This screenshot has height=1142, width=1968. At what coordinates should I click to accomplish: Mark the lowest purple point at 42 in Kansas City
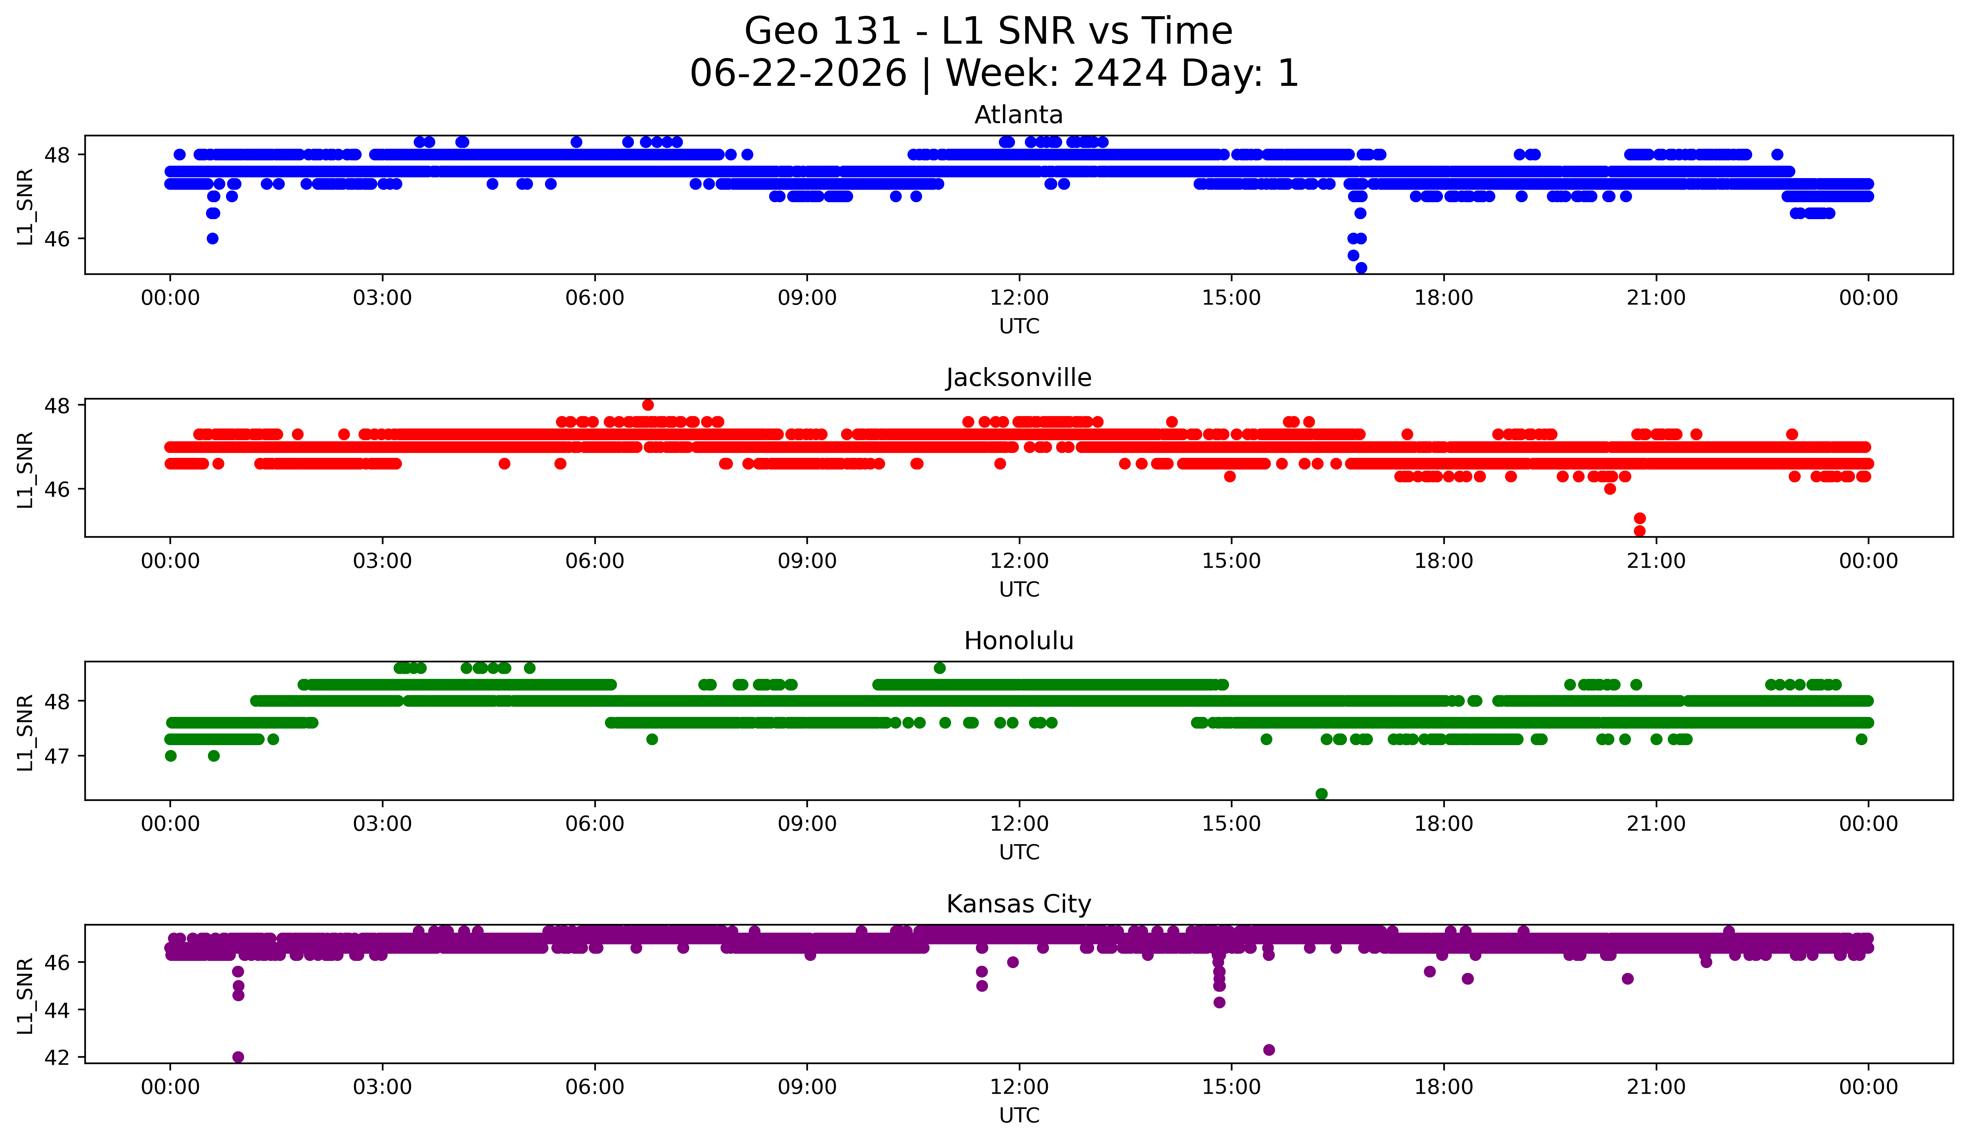(x=238, y=1057)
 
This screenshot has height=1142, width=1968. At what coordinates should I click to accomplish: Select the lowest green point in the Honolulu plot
(x=1321, y=794)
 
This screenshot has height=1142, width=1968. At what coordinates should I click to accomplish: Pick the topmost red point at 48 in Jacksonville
(x=647, y=405)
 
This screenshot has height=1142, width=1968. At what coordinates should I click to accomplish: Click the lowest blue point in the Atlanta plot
(x=1361, y=268)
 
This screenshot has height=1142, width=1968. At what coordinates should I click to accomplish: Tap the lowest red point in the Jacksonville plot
(x=1640, y=531)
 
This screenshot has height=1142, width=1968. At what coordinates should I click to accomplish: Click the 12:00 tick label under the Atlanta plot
(x=1019, y=298)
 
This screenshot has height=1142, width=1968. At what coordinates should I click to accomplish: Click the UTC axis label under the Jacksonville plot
(x=1019, y=589)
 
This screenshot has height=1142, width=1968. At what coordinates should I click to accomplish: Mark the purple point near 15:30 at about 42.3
(x=1269, y=1050)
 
